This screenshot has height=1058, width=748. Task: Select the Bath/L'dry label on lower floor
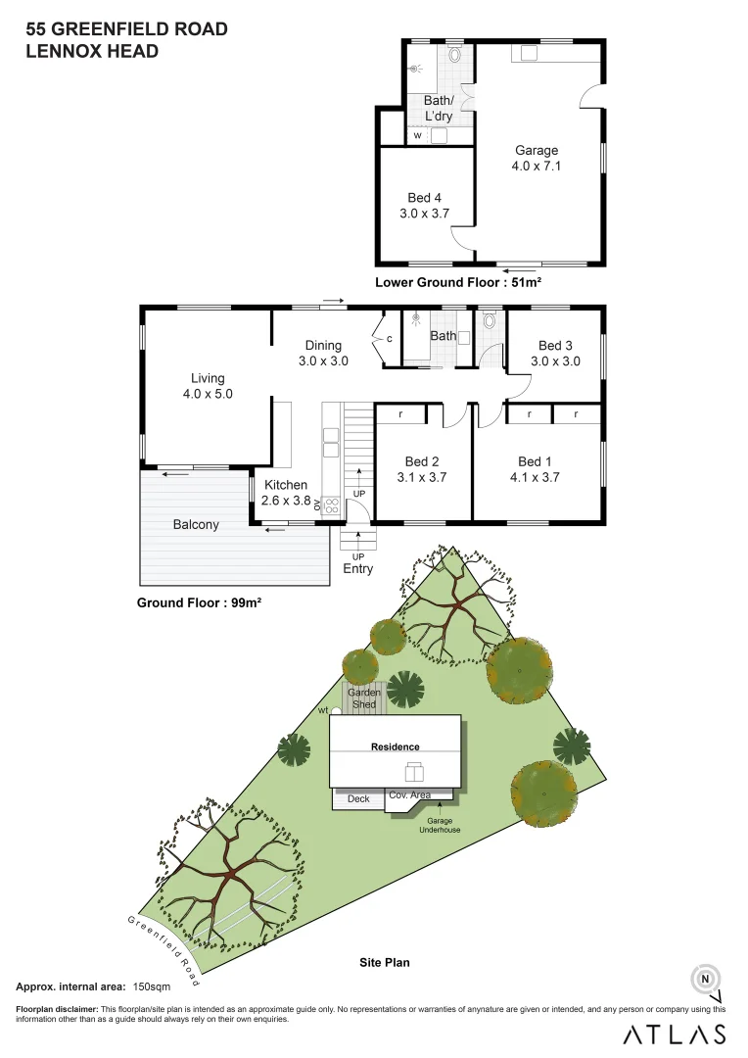(x=439, y=108)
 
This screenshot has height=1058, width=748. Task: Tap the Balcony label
(x=196, y=524)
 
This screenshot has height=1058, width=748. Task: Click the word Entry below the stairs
(x=357, y=569)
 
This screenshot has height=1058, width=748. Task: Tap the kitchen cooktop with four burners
(x=331, y=505)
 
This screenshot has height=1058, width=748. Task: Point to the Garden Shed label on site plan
(x=364, y=698)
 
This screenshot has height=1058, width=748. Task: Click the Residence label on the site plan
(x=395, y=746)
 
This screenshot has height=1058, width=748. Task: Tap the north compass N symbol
(x=705, y=978)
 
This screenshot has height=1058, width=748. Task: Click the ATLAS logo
(x=676, y=1034)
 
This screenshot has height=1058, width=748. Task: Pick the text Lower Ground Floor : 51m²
(x=458, y=282)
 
